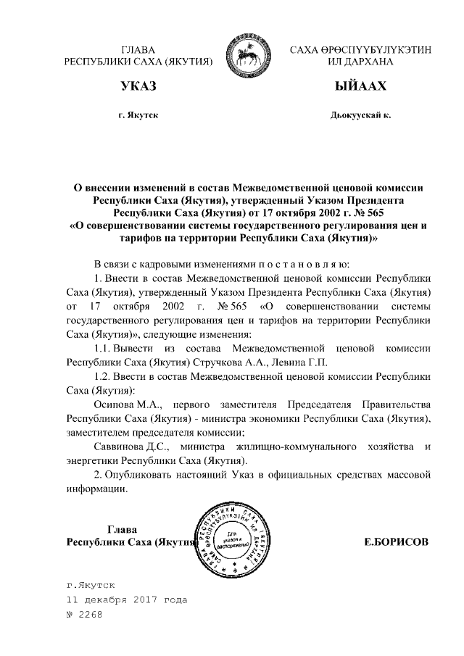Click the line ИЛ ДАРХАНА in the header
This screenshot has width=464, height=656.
click(x=360, y=62)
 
